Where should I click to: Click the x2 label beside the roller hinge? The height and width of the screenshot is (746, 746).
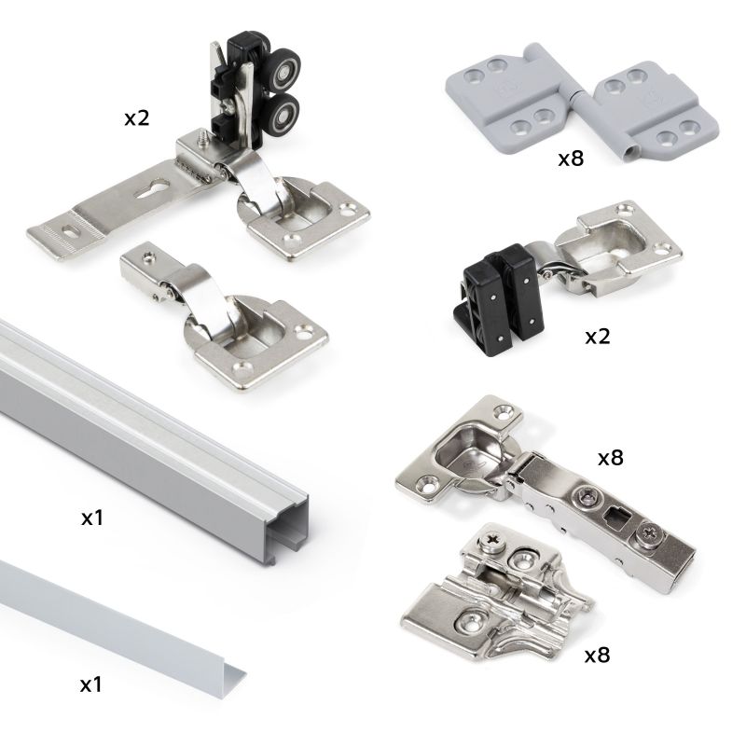pyautogui.click(x=138, y=118)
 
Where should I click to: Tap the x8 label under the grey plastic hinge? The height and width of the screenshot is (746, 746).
pyautogui.click(x=570, y=159)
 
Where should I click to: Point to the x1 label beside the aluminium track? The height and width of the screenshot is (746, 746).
pyautogui.click(x=91, y=517)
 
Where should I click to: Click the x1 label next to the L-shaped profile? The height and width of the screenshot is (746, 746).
pyautogui.click(x=91, y=684)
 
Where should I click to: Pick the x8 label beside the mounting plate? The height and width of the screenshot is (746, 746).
pyautogui.click(x=597, y=655)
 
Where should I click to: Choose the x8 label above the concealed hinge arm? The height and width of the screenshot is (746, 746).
pyautogui.click(x=610, y=458)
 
